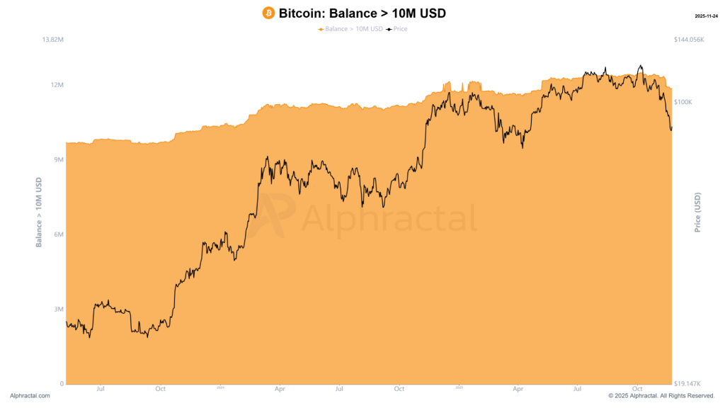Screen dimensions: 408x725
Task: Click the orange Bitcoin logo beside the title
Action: tap(268, 13)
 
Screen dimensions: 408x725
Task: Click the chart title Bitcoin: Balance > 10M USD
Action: tap(362, 13)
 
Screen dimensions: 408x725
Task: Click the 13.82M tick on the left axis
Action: tap(53, 40)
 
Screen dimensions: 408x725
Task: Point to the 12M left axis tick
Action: tap(57, 85)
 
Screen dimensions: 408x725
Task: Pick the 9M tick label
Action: tap(59, 160)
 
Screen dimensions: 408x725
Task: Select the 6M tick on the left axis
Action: tap(59, 234)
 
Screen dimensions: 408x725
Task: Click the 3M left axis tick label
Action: tap(59, 310)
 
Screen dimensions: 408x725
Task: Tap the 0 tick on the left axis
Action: tap(62, 384)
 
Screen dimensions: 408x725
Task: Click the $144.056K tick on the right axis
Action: tap(689, 40)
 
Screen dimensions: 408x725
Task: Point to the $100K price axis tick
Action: tap(683, 102)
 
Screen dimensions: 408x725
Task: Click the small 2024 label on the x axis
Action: tap(220, 387)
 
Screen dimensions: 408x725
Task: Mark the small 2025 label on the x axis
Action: tap(459, 387)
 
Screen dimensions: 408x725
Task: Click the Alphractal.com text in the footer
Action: tap(30, 396)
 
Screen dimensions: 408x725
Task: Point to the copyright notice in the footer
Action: tap(661, 396)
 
